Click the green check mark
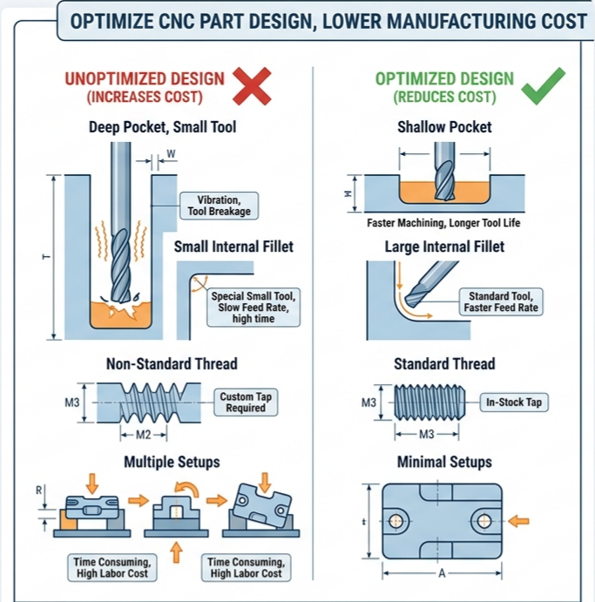click(544, 85)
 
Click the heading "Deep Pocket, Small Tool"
click(162, 127)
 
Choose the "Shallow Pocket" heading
click(444, 127)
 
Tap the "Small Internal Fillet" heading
click(233, 247)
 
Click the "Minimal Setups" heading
click(444, 462)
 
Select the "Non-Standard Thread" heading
click(171, 363)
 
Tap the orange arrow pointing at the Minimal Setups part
click(518, 521)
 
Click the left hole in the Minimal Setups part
click(396, 521)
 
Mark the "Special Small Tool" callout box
click(254, 308)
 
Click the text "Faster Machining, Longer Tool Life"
click(443, 223)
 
